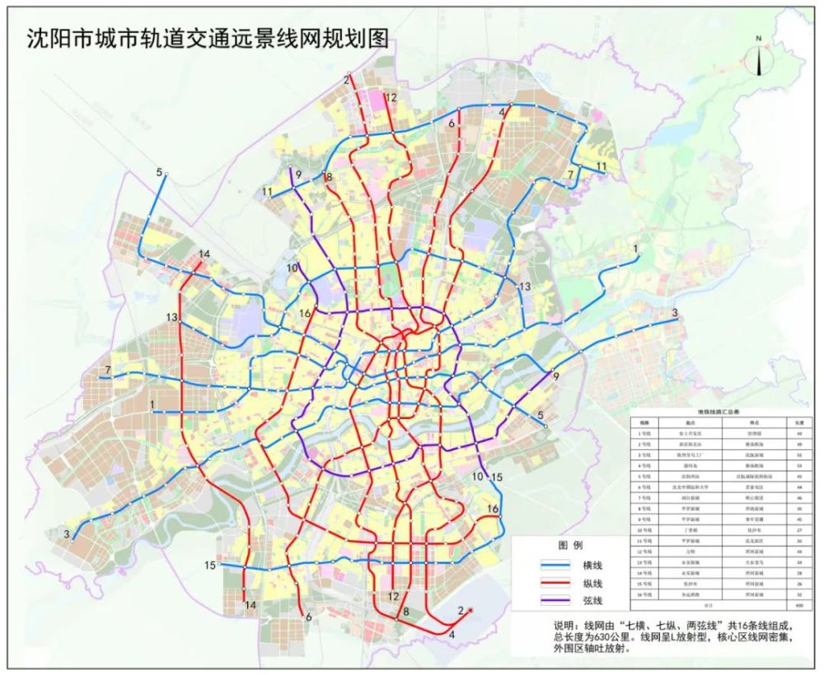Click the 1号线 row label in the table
point(645,432)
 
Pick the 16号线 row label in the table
point(645,594)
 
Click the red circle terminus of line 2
point(470,610)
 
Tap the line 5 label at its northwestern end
point(158,172)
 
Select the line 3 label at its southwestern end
point(66,534)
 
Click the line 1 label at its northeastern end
point(634,248)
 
